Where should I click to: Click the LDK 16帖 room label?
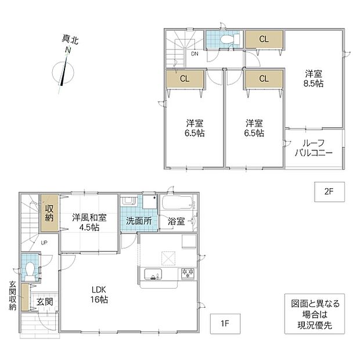99,294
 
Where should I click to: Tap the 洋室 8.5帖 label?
314,78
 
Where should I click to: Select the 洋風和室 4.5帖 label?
89,222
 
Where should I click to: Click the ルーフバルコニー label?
314,148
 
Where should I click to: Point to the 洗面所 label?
139,221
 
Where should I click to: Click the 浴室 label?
176,221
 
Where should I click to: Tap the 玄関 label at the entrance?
45,302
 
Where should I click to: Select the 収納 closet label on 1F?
49,213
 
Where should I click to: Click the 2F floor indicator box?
329,192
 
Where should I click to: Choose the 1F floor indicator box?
225,323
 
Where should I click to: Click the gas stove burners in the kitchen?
188,273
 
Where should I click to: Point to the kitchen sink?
153,275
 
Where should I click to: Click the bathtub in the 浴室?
177,202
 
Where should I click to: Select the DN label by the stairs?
195,54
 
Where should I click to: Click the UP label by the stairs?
44,243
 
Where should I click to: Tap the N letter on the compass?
68,50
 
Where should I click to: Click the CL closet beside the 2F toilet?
264,39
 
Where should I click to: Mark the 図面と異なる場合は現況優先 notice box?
315,314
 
